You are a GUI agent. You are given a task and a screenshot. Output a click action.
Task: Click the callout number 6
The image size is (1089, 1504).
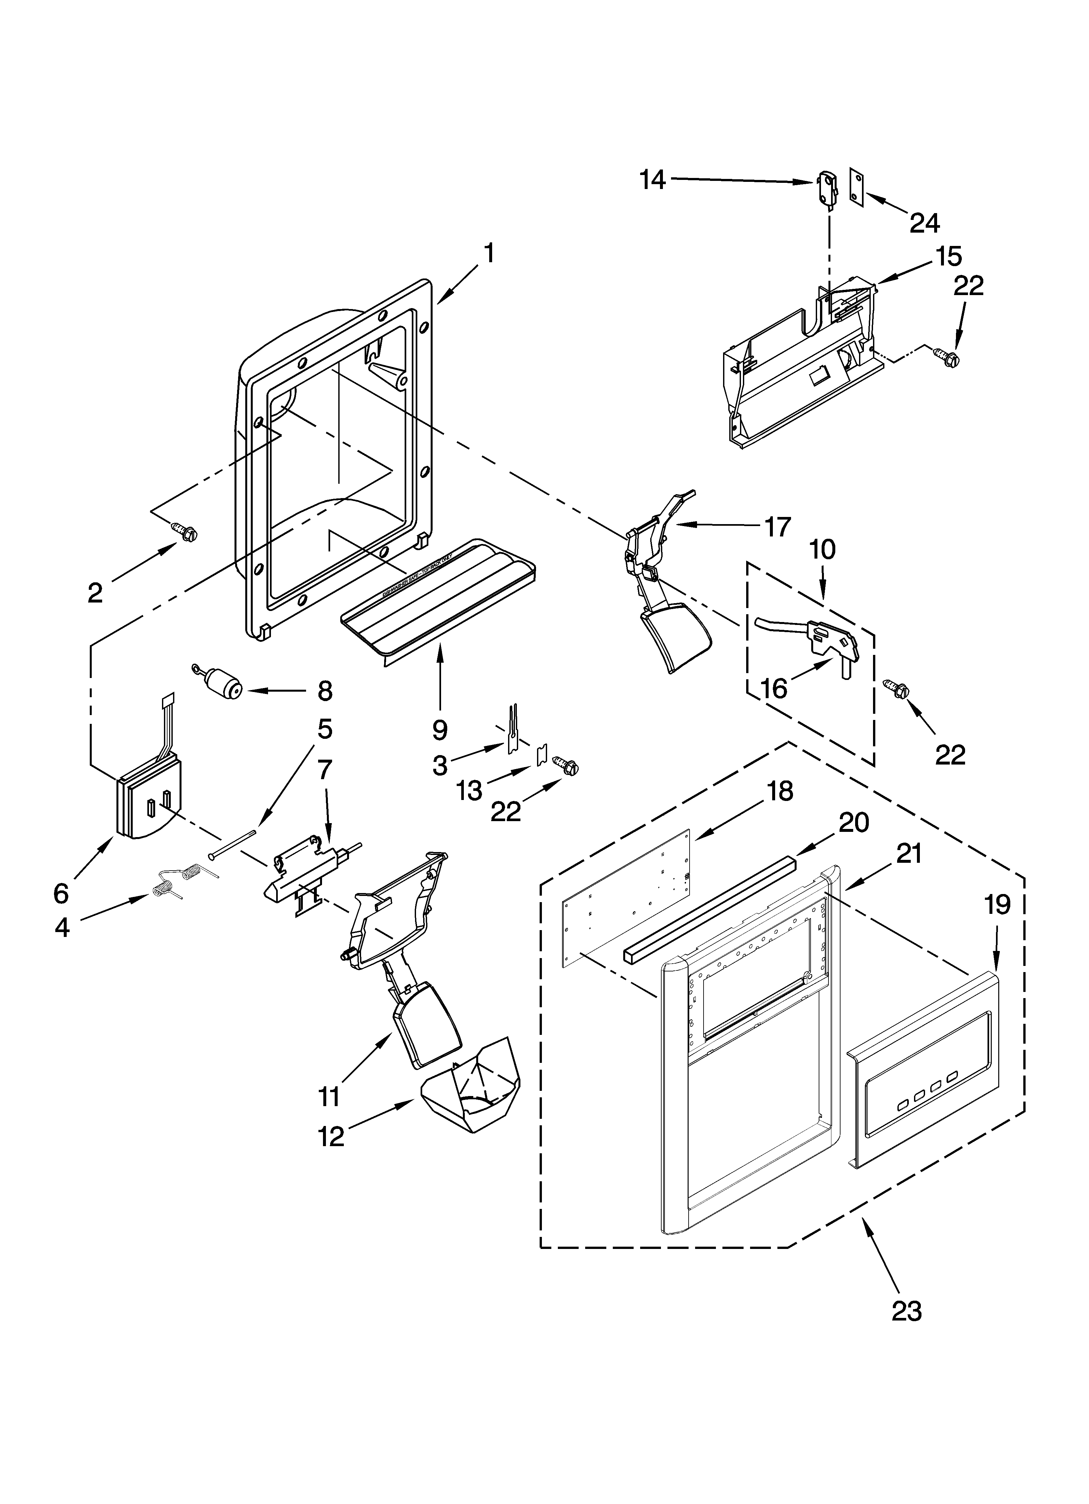pyautogui.click(x=61, y=893)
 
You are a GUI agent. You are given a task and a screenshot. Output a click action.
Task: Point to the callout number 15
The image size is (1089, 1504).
pyautogui.click(x=948, y=256)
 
